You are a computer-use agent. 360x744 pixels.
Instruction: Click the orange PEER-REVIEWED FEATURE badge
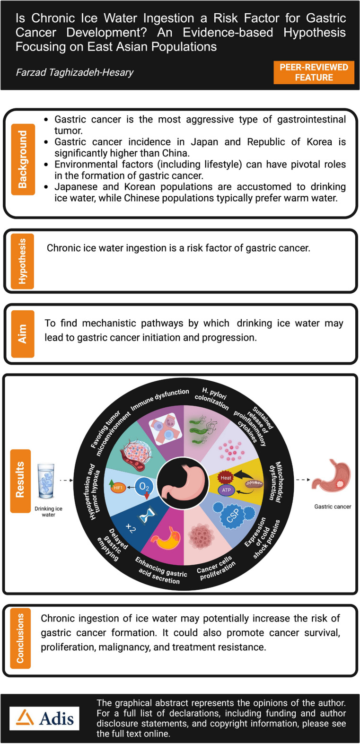tap(314, 72)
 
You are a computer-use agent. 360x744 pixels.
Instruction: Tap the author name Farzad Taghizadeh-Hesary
tap(75, 72)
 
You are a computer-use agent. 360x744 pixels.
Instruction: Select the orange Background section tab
tap(22, 159)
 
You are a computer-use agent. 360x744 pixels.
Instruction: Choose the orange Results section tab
tap(20, 481)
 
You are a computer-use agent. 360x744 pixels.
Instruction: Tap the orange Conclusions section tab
tap(20, 638)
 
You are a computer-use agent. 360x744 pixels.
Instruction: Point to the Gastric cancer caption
tap(333, 507)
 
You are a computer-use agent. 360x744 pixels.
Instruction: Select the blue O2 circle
tap(144, 487)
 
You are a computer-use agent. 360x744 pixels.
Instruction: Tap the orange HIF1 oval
tap(118, 487)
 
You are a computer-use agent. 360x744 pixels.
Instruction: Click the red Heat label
tap(226, 478)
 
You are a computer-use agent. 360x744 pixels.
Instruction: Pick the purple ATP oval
tap(226, 490)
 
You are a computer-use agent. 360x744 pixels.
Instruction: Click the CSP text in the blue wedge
tap(233, 515)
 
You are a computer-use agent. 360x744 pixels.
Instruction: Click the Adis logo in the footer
tap(45, 718)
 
